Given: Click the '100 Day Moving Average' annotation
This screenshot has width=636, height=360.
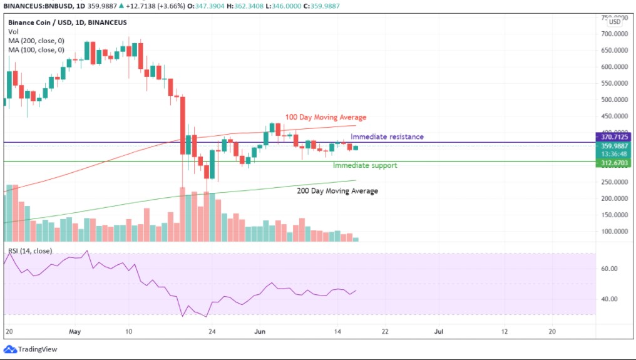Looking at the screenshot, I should pyautogui.click(x=326, y=117).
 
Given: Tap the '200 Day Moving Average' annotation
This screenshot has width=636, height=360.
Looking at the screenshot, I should pyautogui.click(x=337, y=191).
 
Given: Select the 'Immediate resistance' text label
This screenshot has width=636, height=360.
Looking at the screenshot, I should pyautogui.click(x=387, y=136).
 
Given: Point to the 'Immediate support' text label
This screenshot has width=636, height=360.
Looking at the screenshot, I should pyautogui.click(x=364, y=165).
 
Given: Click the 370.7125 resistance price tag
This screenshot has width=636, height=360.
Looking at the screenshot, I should pyautogui.click(x=613, y=136).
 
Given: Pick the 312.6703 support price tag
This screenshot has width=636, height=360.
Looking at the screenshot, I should pyautogui.click(x=613, y=163).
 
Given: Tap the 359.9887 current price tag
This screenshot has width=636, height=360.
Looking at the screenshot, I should pyautogui.click(x=613, y=146).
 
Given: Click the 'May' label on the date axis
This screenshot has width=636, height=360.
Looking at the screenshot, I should pyautogui.click(x=75, y=331).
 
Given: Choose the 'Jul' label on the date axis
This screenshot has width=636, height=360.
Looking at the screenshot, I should pyautogui.click(x=439, y=331).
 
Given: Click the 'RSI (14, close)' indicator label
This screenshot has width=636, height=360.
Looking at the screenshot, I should pyautogui.click(x=30, y=251).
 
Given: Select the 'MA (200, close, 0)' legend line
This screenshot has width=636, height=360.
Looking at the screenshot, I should pyautogui.click(x=36, y=40).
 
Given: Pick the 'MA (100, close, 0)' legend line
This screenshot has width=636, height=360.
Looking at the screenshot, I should pyautogui.click(x=36, y=49).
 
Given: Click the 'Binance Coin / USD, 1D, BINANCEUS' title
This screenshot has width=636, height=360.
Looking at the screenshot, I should pyautogui.click(x=67, y=23).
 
